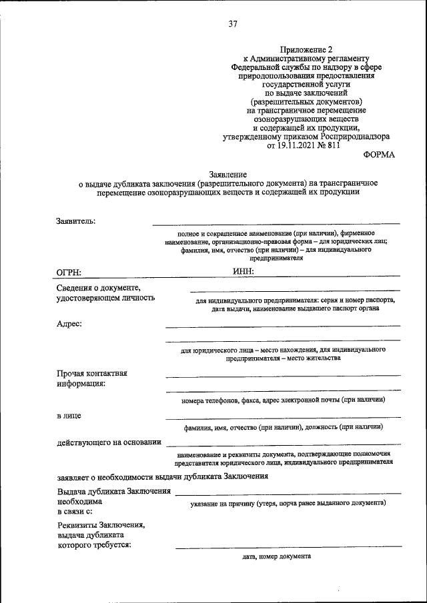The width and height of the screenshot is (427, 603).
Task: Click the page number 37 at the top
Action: tap(233, 24)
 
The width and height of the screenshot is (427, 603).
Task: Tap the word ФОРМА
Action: tap(379, 154)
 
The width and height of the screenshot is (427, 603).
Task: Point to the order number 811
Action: tap(331, 145)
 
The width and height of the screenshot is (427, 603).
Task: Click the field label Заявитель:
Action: tap(76, 221)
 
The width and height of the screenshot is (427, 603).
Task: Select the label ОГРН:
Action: tap(71, 271)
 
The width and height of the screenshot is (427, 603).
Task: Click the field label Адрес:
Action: tap(70, 324)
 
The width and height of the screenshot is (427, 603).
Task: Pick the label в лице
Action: tap(69, 416)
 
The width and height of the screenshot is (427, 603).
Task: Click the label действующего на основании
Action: tap(109, 442)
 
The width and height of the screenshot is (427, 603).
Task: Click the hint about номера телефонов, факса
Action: tap(283, 400)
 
